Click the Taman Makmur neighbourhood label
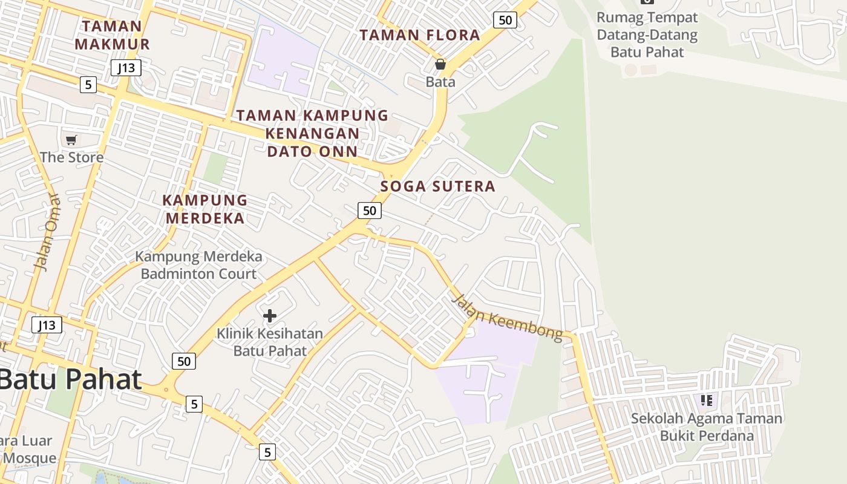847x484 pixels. pyautogui.click(x=112, y=35)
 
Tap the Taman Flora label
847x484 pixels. pyautogui.click(x=420, y=35)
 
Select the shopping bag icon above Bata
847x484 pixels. pyautogui.click(x=440, y=64)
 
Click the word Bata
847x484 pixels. pyautogui.click(x=440, y=82)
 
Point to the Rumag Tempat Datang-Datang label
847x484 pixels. pyautogui.click(x=647, y=34)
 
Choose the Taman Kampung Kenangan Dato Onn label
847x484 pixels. pyautogui.click(x=312, y=133)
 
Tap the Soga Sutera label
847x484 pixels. pyautogui.click(x=438, y=186)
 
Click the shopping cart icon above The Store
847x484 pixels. pyautogui.click(x=71, y=140)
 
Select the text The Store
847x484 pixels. pyautogui.click(x=71, y=157)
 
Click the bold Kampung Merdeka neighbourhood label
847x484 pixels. pyautogui.click(x=205, y=209)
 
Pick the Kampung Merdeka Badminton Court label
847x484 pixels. pyautogui.click(x=198, y=265)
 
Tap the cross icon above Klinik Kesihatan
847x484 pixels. pyautogui.click(x=270, y=315)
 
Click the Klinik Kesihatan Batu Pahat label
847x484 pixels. pyautogui.click(x=270, y=342)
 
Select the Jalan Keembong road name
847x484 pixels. pyautogui.click(x=506, y=318)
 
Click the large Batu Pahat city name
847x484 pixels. pyautogui.click(x=70, y=379)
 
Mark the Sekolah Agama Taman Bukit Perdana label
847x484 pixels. pyautogui.click(x=707, y=427)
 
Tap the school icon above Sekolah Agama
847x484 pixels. pyautogui.click(x=706, y=400)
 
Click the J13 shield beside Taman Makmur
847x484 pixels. pyautogui.click(x=126, y=68)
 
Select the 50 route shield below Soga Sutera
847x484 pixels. pyautogui.click(x=369, y=211)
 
